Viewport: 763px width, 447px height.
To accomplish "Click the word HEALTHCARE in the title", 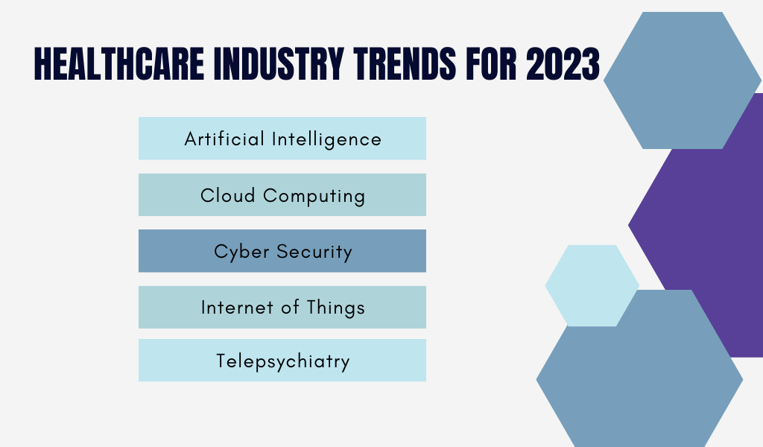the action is [119, 64].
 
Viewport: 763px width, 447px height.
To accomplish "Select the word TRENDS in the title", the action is [405, 64].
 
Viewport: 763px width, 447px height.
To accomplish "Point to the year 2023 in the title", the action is [563, 64].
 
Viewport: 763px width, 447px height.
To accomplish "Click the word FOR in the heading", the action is [491, 64].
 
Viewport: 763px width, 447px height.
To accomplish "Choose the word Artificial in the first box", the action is [224, 139].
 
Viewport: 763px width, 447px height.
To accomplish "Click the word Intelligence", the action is [326, 139].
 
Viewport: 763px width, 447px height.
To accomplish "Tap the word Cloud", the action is [228, 195].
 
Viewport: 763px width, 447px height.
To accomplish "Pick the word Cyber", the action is [241, 252].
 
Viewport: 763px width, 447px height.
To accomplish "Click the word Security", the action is [314, 252].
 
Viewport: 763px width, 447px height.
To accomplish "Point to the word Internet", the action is [237, 308].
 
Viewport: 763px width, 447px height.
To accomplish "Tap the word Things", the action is [336, 308].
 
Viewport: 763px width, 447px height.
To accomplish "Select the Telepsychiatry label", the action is [282, 361].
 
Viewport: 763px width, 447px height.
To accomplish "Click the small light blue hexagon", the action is [592, 285].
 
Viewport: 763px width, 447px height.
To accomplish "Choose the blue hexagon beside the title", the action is [683, 80].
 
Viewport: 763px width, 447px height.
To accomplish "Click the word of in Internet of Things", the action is [290, 308].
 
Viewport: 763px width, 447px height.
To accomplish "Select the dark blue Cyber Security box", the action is [282, 251].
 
